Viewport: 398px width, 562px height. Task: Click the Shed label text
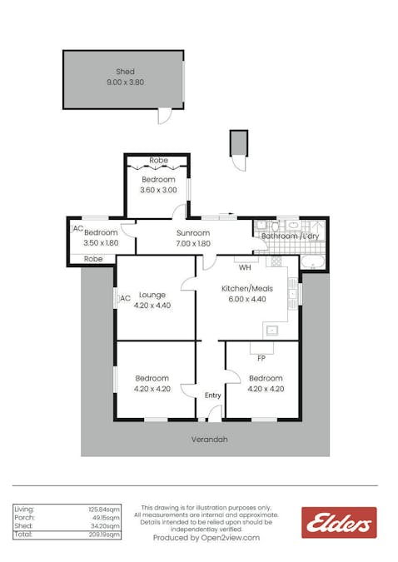tap(125, 72)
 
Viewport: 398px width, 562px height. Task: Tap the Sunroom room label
tap(193, 233)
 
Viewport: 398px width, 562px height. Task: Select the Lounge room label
tap(152, 295)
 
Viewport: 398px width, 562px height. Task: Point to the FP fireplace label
tap(261, 359)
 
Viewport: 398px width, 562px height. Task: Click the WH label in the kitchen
tap(245, 267)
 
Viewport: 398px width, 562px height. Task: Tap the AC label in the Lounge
tap(125, 298)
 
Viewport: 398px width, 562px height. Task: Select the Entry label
tap(213, 395)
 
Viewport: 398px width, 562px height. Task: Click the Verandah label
tap(210, 440)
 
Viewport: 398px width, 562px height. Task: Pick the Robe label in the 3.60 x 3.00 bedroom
tap(158, 161)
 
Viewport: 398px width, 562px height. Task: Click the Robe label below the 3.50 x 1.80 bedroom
tap(94, 259)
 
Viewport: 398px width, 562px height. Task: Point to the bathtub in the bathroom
tap(313, 262)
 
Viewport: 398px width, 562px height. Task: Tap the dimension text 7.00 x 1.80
tap(193, 243)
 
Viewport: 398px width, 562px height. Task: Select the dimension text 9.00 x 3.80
tap(125, 82)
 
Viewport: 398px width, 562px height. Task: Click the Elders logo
tap(338, 523)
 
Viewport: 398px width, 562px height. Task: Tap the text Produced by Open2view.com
tap(206, 538)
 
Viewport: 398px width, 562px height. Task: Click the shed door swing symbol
tap(164, 116)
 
